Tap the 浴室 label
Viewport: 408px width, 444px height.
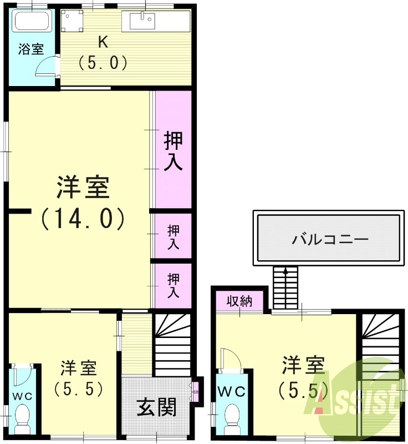point(31,49)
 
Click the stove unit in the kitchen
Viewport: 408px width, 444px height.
point(71,22)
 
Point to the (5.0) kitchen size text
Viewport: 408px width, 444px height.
point(103,63)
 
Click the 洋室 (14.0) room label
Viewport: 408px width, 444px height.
point(83,203)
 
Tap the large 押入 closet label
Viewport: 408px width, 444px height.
point(173,152)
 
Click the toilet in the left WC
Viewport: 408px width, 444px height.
point(23,416)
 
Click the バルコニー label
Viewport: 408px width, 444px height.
point(330,240)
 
